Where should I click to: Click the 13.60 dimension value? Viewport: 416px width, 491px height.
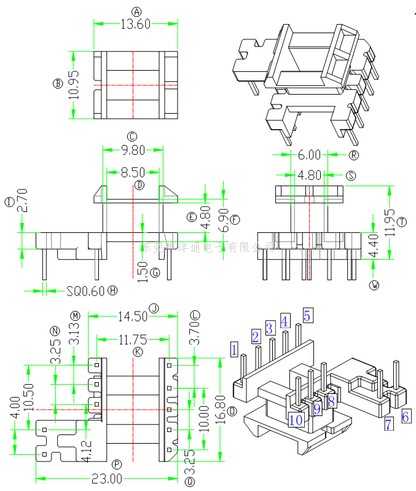click(x=135, y=24)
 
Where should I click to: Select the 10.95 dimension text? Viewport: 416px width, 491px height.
click(x=74, y=84)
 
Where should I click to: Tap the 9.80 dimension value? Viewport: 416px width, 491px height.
click(x=132, y=150)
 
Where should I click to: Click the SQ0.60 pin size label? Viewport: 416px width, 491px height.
click(x=85, y=291)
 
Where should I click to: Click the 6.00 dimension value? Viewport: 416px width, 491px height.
click(x=310, y=155)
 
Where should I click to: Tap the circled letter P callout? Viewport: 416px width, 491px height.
click(x=117, y=464)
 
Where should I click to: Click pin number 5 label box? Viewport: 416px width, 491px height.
click(x=308, y=316)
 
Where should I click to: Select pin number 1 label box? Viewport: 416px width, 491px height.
click(x=234, y=350)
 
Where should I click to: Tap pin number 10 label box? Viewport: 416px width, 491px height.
click(x=296, y=420)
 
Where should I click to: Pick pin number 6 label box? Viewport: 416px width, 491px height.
click(x=406, y=416)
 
